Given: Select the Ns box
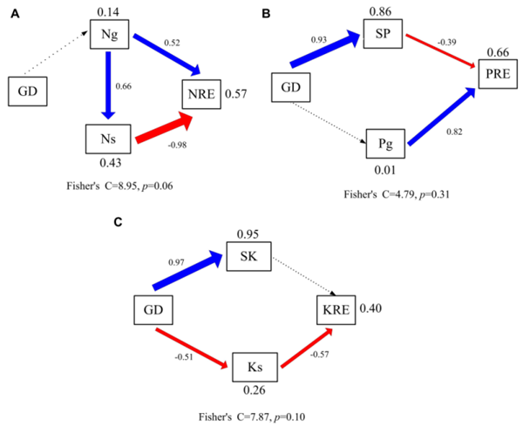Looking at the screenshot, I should coord(106,138).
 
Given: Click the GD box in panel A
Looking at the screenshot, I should coord(28,91).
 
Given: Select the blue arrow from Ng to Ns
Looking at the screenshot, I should coord(107,85).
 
